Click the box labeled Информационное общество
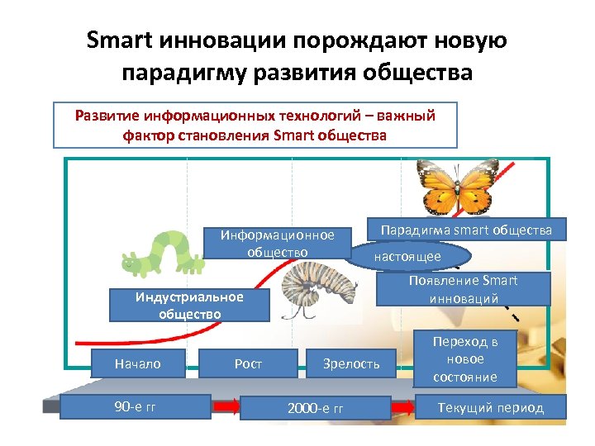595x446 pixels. (x=277, y=243)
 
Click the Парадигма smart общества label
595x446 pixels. (x=466, y=229)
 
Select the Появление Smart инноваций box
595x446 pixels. (x=463, y=289)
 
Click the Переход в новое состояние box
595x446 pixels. (x=464, y=359)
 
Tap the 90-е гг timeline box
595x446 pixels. (x=135, y=407)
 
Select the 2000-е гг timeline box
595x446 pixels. (x=315, y=408)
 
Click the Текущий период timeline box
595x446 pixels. (x=490, y=407)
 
